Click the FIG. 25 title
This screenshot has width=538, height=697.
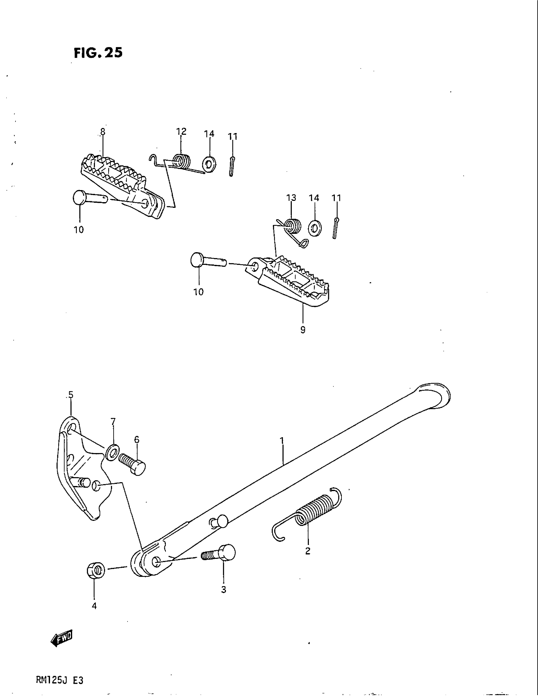(98, 53)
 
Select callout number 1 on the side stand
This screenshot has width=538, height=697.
(282, 441)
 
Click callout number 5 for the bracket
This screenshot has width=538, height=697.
(71, 395)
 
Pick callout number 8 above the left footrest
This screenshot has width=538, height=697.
(102, 131)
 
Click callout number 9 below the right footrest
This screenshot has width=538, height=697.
(303, 330)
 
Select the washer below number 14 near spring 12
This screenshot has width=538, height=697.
(209, 164)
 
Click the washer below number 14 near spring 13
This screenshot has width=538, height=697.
(315, 227)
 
